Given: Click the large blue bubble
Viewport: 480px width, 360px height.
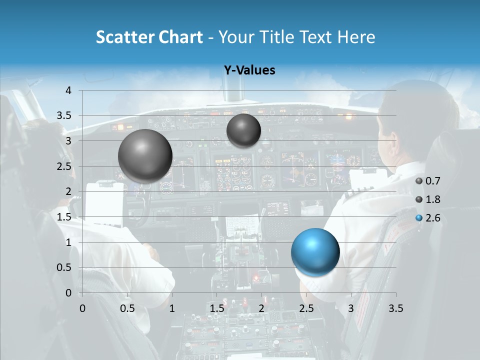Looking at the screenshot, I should [315, 251].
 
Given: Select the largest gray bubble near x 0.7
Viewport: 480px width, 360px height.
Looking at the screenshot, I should [145, 156].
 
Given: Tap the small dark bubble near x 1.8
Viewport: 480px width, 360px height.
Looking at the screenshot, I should [243, 130].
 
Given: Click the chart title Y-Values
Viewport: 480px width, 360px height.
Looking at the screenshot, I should [249, 70].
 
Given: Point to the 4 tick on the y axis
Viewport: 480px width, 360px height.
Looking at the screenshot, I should [69, 90].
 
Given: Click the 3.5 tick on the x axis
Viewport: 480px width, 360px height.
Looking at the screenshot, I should [395, 308].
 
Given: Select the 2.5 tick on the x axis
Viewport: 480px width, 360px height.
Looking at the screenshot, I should [306, 308].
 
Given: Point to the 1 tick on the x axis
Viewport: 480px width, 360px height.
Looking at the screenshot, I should [172, 308].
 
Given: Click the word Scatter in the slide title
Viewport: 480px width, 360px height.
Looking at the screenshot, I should [124, 37].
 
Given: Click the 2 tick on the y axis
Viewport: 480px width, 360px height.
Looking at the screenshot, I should [69, 191].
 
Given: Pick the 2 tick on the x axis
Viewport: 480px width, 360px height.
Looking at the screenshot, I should [261, 308].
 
